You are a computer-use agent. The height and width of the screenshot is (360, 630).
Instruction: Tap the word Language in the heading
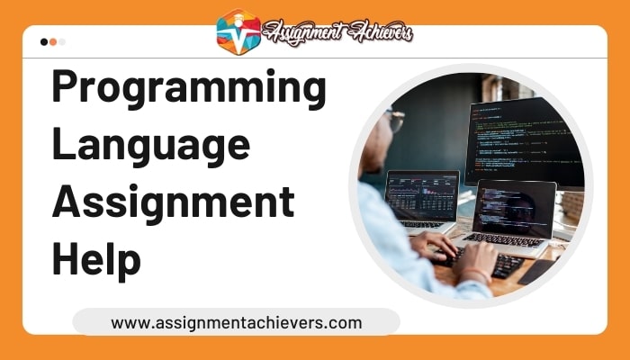point(150,145)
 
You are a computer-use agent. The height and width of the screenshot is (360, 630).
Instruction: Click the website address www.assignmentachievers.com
point(236,321)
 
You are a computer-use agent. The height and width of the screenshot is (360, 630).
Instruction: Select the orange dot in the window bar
point(53,41)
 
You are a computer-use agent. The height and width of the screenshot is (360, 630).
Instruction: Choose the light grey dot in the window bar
point(62,41)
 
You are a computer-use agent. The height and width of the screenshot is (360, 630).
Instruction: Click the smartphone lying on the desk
point(540,270)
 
